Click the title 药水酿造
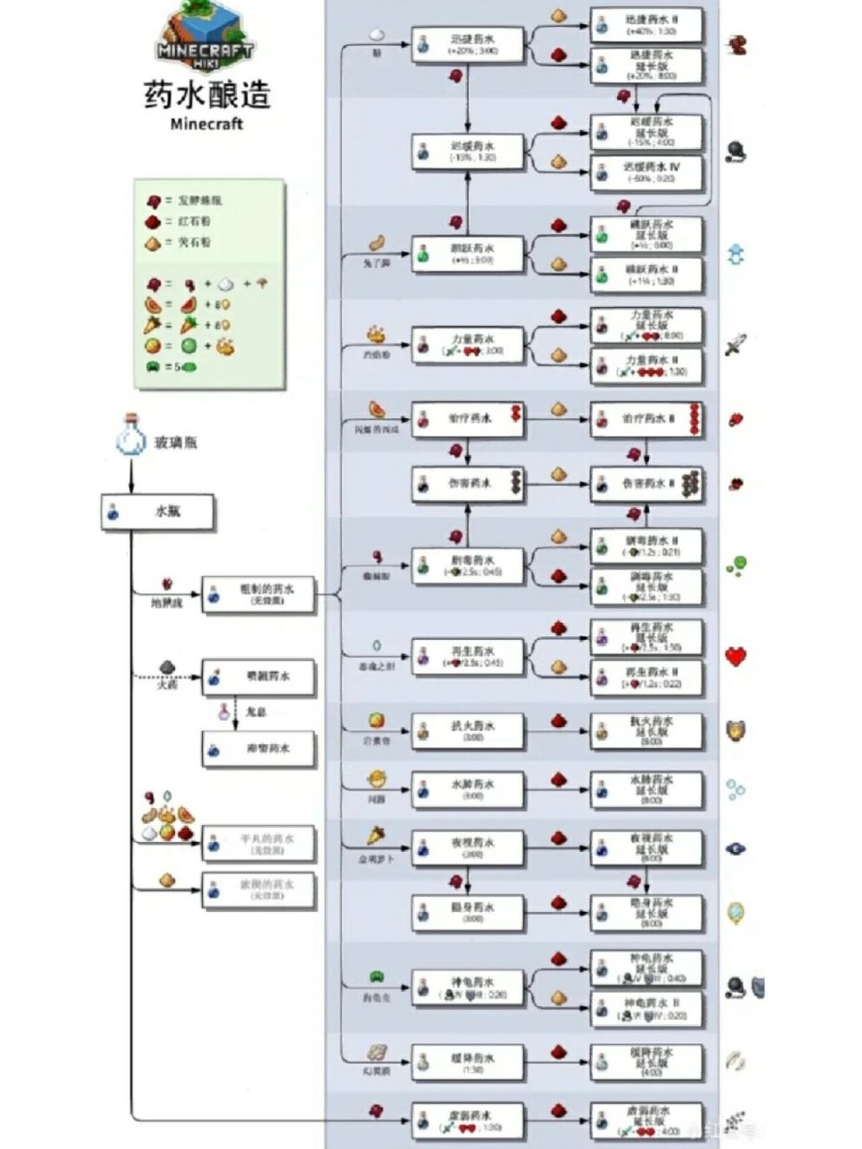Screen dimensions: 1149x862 207,94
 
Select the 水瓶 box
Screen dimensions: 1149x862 158,512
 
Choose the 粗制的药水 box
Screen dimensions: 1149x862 259,594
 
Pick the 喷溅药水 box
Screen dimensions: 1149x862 259,677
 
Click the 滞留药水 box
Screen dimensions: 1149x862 259,749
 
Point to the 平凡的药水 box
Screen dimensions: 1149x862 259,843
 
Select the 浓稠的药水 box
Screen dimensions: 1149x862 259,890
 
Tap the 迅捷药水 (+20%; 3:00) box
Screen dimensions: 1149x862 468,44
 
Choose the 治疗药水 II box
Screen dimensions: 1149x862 646,419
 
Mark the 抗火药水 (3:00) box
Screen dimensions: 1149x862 468,730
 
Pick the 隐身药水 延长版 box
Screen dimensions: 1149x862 646,913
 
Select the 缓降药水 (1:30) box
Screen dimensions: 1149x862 468,1062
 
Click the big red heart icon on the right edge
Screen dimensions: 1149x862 736,656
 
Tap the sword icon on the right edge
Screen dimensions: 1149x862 735,344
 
